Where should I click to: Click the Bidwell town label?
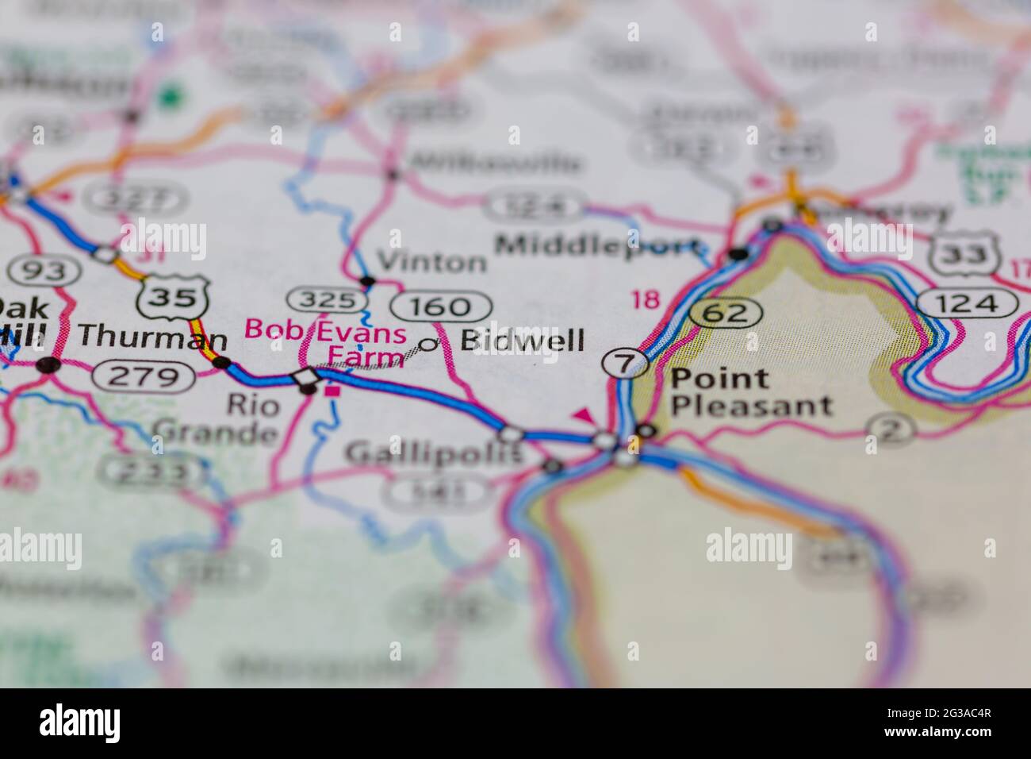click(523, 341)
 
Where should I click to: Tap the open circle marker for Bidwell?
click(429, 344)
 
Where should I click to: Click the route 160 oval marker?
click(441, 306)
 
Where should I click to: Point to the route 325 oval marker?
click(326, 300)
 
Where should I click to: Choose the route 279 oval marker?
click(143, 376)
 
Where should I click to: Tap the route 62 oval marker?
click(724, 313)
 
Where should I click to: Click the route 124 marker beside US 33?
click(968, 302)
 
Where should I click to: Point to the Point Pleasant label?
click(750, 392)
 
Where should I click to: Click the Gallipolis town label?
click(433, 453)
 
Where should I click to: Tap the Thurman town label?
click(152, 338)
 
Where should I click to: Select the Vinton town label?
click(431, 261)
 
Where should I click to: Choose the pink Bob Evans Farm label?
click(327, 341)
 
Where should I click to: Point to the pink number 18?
click(645, 299)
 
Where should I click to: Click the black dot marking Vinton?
click(367, 281)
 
